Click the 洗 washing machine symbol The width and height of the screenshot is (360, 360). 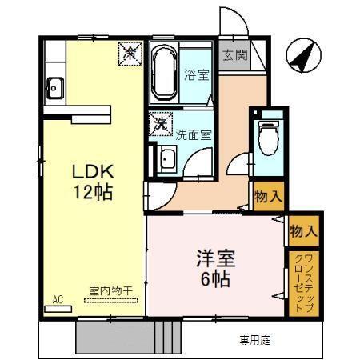tap(161, 124)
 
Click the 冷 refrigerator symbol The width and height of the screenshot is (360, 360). tap(130, 54)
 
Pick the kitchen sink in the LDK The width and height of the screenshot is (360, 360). tap(55, 86)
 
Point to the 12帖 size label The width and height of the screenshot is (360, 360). tap(94, 192)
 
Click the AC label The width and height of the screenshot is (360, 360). tap(58, 298)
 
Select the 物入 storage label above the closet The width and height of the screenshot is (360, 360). tap(304, 231)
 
